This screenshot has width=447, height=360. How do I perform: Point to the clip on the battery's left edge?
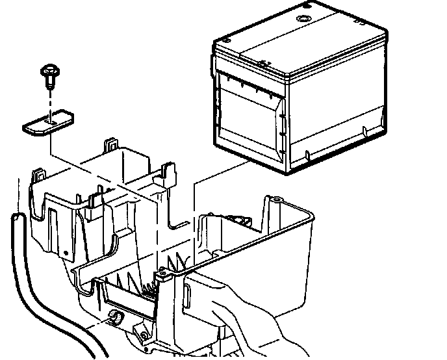coord(212,65)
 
